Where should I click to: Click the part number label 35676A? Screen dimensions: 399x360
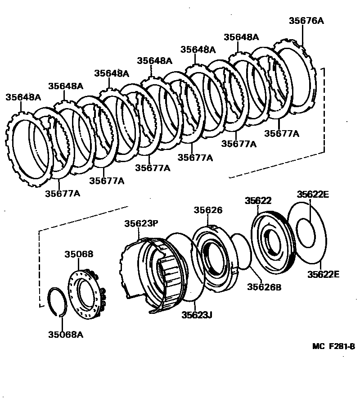point(306,21)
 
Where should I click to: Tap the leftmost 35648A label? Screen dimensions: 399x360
point(23,97)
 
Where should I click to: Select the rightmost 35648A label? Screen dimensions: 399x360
point(241,37)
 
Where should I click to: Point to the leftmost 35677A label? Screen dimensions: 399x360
point(63,193)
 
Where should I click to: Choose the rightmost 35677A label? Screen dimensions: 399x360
point(282,133)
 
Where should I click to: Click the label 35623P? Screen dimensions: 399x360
point(141,223)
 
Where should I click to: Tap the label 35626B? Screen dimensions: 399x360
point(264,286)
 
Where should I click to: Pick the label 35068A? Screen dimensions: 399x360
point(66,335)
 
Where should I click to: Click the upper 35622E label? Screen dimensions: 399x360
point(313,195)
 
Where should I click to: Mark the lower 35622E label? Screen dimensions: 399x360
point(324,274)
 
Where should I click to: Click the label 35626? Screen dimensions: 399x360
point(208,210)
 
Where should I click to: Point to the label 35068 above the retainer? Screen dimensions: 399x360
point(78,254)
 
